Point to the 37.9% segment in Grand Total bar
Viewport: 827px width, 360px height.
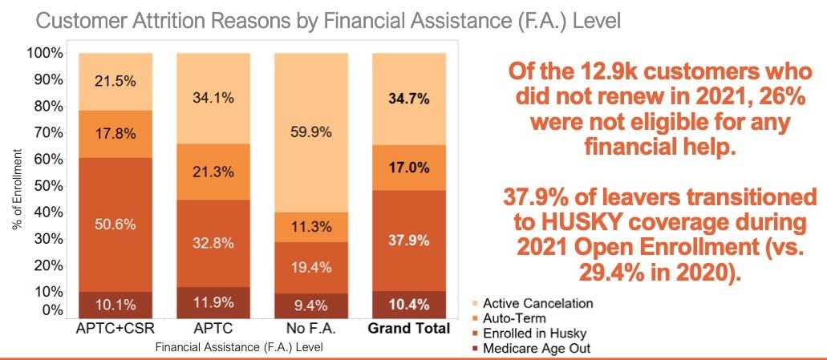pyautogui.click(x=409, y=241)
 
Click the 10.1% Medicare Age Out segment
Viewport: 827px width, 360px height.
pyautogui.click(x=115, y=305)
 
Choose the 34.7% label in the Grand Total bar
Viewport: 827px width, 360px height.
pyautogui.click(x=409, y=99)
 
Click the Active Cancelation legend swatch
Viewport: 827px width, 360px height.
pyautogui.click(x=475, y=304)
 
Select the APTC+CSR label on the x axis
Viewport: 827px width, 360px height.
pyautogui.click(x=115, y=330)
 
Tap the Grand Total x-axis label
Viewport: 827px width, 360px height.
pyautogui.click(x=408, y=330)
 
